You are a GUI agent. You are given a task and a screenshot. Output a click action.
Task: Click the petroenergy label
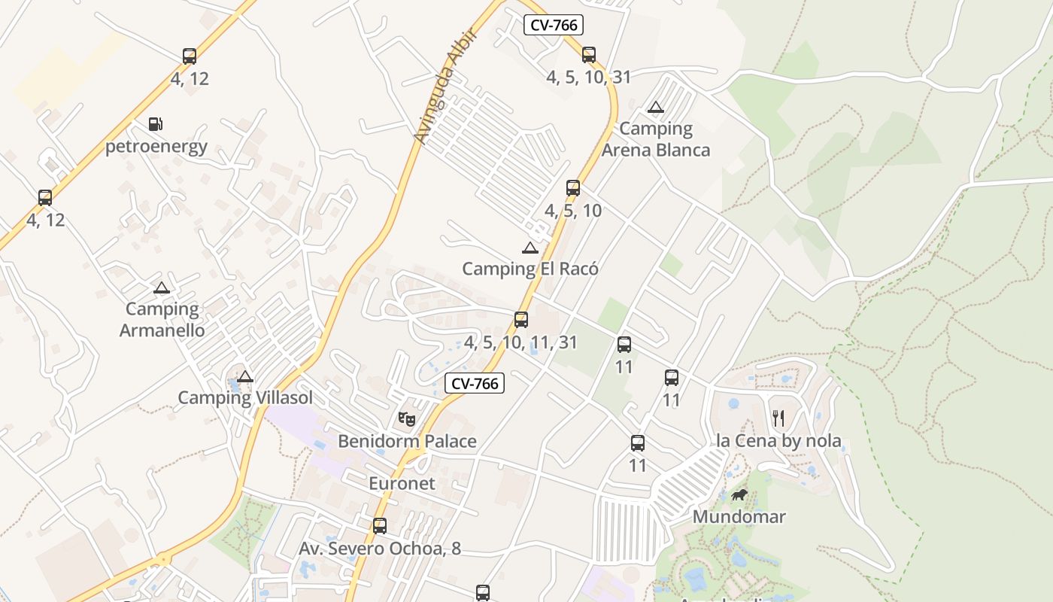156,146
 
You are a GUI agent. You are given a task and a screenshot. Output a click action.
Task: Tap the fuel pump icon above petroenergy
155,124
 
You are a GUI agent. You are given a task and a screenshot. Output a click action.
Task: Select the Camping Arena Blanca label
656,139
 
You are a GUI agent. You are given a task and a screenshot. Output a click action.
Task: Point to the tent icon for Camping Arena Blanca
656,107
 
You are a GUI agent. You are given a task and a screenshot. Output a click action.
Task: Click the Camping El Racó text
530,269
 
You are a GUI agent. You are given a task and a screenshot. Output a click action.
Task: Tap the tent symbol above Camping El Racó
530,248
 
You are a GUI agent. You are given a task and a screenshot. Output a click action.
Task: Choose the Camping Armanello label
162,319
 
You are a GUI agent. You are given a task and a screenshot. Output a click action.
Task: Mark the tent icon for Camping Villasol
245,376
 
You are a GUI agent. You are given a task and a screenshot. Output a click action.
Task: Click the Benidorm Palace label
407,441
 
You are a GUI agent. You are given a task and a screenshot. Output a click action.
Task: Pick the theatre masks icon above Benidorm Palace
407,418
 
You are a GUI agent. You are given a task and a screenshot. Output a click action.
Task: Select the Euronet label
402,483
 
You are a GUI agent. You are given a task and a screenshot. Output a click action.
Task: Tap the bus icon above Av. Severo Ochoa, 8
380,525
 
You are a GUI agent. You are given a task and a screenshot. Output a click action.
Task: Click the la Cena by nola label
778,441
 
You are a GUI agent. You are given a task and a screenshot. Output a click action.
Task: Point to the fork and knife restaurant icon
778,418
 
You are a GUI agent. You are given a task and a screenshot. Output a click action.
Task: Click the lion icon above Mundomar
739,494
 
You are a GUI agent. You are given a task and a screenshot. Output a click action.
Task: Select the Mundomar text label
739,517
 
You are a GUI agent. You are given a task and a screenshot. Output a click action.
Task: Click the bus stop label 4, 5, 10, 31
588,77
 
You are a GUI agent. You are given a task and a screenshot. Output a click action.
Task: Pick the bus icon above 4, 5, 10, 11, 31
521,320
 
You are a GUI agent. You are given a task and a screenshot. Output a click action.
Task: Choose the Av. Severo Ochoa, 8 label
380,549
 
